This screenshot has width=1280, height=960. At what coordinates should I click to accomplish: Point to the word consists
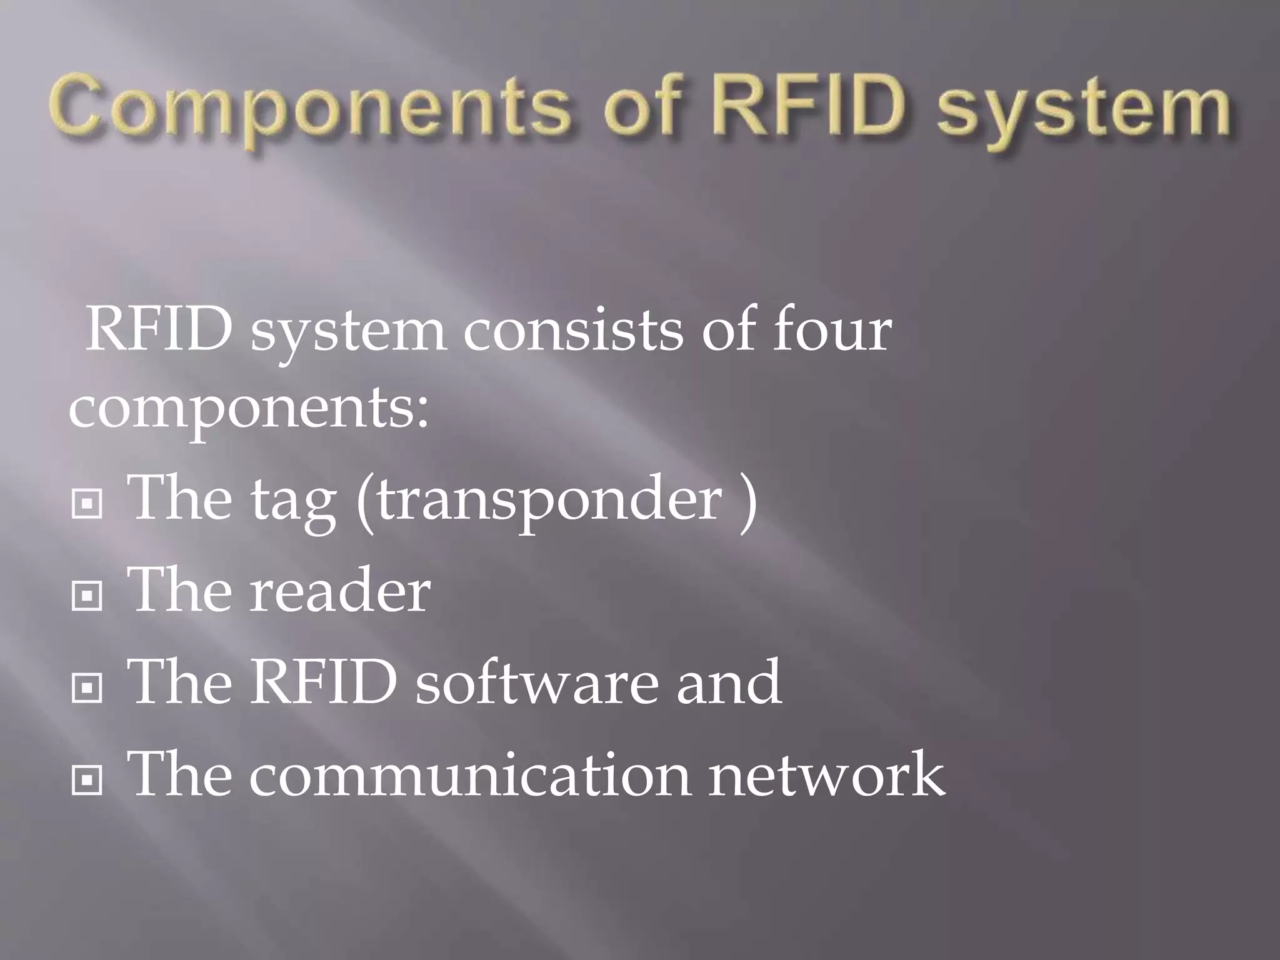tap(572, 331)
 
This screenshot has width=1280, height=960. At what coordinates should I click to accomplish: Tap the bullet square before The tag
tap(87, 504)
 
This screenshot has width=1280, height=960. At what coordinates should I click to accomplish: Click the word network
tap(826, 775)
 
